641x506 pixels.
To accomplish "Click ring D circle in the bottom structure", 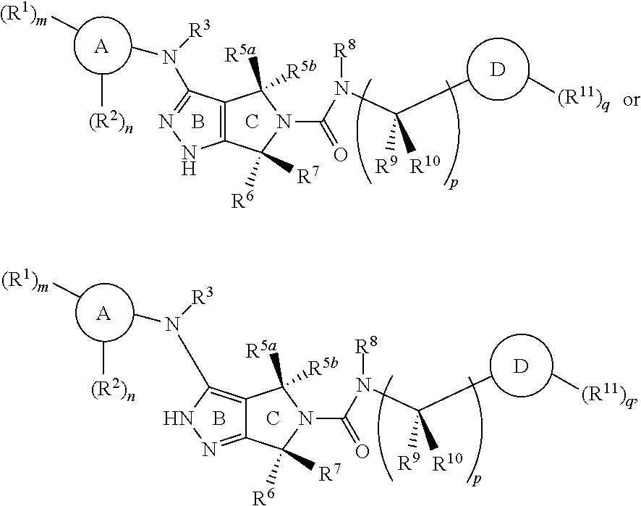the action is click(491, 366).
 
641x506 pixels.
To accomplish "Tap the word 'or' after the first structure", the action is click(631, 101).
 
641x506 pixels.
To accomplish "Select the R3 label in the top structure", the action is click(200, 30).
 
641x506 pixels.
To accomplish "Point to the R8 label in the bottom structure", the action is click(366, 348).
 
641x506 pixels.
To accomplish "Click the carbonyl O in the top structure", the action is click(340, 155).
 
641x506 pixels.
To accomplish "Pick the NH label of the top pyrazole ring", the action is click(188, 160).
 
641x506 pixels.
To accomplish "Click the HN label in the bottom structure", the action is click(178, 419).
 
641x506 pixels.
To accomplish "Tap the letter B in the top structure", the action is click(198, 122).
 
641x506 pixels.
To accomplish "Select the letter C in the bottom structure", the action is click(273, 419).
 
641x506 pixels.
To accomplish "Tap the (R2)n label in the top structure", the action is click(111, 122).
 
